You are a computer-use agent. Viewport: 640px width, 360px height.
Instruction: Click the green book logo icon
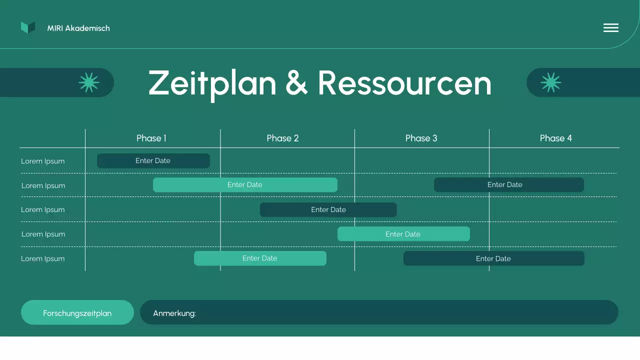[x=28, y=27]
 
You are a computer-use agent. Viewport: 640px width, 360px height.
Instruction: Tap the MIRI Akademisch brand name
[x=78, y=28]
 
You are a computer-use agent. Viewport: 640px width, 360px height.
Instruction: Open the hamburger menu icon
[x=610, y=28]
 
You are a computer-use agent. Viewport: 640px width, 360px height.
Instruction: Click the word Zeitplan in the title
[x=212, y=83]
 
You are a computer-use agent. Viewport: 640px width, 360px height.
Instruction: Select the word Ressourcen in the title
[x=404, y=83]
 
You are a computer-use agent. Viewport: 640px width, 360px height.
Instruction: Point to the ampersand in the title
[x=296, y=83]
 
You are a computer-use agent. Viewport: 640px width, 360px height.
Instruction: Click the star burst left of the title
[x=89, y=82]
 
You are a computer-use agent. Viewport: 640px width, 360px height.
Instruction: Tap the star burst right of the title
[x=550, y=82]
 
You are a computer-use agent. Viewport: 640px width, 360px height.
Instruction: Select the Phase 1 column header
[x=151, y=138]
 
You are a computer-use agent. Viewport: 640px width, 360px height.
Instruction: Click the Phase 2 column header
[x=282, y=138]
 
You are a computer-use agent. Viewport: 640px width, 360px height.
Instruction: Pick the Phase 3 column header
[x=421, y=138]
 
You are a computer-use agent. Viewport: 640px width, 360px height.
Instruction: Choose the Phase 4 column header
[x=555, y=138]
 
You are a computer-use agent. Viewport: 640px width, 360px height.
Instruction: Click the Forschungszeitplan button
[x=77, y=312]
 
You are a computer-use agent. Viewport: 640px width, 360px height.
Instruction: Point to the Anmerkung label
[x=174, y=313]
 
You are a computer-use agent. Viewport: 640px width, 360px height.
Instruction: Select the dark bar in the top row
[x=153, y=160]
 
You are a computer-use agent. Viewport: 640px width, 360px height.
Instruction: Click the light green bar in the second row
[x=245, y=184]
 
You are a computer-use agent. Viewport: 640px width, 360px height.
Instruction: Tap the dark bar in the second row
[x=508, y=184]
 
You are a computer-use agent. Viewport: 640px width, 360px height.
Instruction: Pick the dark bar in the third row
[x=328, y=209]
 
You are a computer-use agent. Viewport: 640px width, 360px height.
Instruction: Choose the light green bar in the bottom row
[x=260, y=258]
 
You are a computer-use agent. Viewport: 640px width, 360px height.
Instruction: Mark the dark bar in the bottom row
[x=493, y=258]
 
